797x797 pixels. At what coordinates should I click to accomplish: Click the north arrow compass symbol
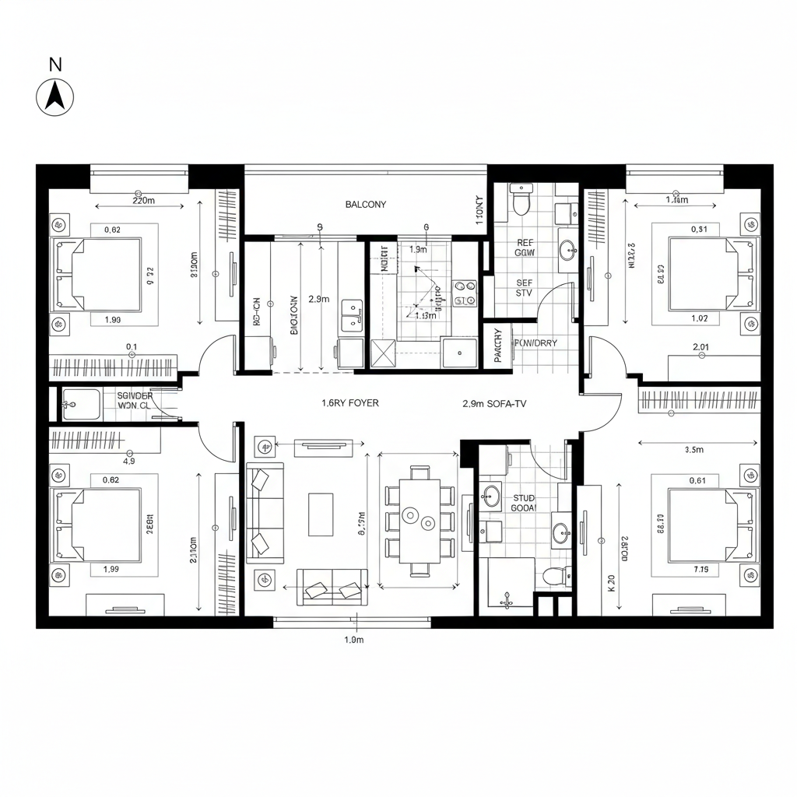pyautogui.click(x=55, y=98)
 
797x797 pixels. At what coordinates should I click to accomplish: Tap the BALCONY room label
pyautogui.click(x=365, y=205)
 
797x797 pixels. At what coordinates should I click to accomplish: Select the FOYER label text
pyautogui.click(x=350, y=404)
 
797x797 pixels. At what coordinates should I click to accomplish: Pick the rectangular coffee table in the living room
pyautogui.click(x=321, y=514)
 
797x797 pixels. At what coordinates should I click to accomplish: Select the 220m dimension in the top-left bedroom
pyautogui.click(x=144, y=200)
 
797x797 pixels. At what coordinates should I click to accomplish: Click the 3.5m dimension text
pyautogui.click(x=693, y=450)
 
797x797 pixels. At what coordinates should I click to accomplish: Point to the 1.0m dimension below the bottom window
pyautogui.click(x=354, y=640)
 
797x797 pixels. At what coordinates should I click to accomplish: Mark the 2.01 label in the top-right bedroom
pyautogui.click(x=700, y=347)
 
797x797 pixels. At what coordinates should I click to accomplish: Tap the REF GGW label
pyautogui.click(x=525, y=248)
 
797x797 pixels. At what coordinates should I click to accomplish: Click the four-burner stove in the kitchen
pyautogui.click(x=465, y=293)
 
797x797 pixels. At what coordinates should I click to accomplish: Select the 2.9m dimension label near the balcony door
pyautogui.click(x=319, y=299)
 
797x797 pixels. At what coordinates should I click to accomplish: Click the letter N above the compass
pyautogui.click(x=55, y=65)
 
